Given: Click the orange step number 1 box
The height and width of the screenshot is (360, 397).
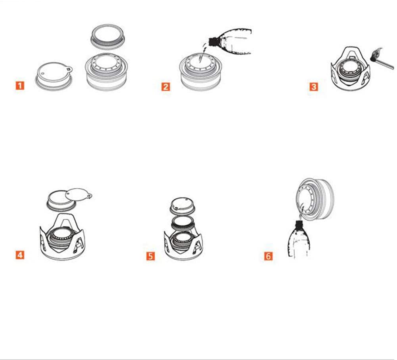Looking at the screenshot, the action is tap(20, 85).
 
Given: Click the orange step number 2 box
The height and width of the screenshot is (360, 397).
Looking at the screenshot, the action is tap(166, 87).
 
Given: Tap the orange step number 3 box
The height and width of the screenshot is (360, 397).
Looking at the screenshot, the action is tap(314, 87).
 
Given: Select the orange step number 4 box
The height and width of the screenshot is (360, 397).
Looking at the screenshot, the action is tap(20, 255).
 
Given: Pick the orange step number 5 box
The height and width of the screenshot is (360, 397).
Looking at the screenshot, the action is tap(151, 256).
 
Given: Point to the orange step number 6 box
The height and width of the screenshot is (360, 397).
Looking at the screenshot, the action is tap(269, 256).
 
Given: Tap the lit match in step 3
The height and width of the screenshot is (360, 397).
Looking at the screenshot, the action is tap(382, 59).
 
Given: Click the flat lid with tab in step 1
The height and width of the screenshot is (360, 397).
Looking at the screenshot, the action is tap(54, 76).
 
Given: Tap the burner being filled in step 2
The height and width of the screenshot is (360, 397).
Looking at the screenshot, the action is tap(201, 71).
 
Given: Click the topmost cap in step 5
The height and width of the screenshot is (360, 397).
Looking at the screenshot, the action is tap(182, 205).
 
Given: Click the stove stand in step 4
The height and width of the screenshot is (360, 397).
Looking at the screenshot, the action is tap(62, 237).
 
